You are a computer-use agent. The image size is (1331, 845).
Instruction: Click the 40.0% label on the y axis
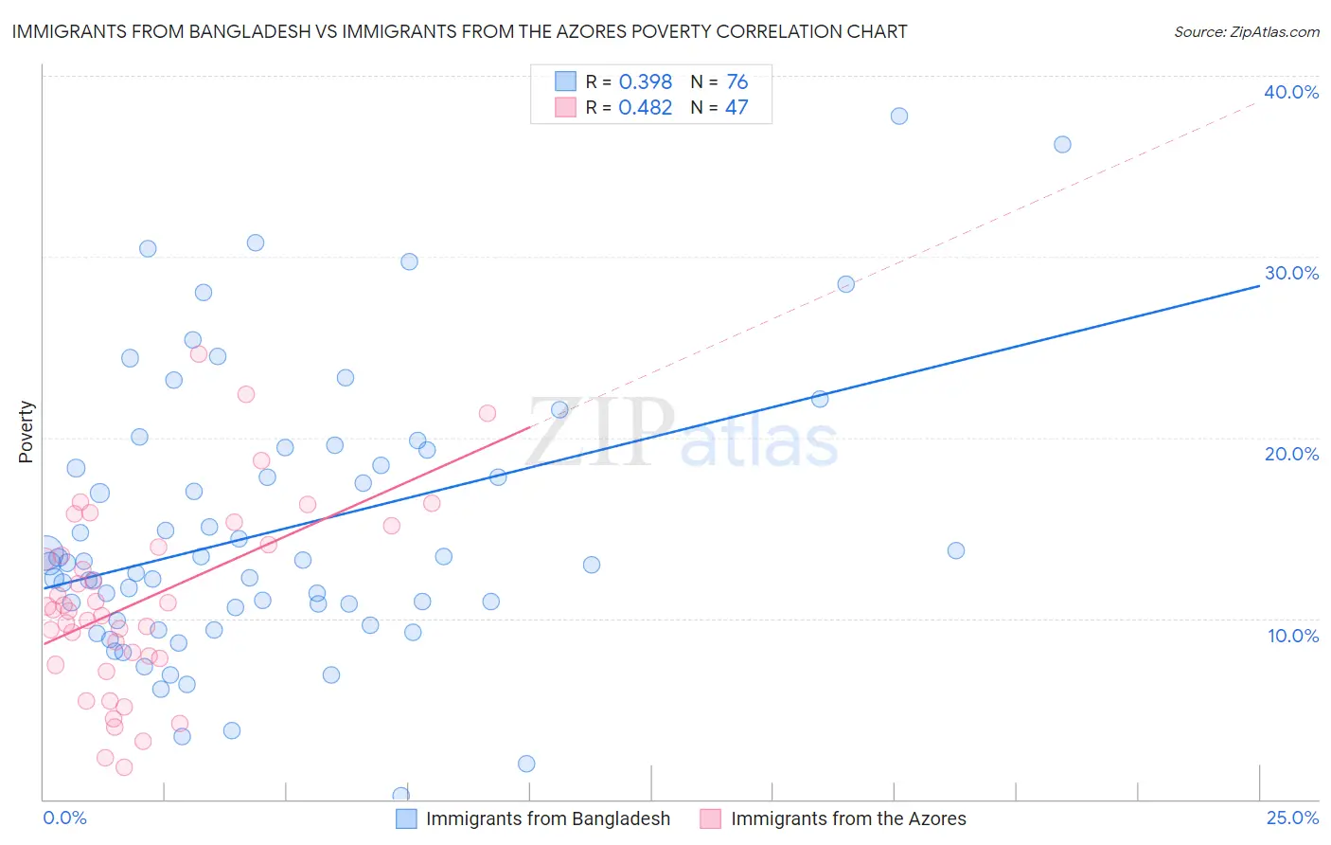pos(1291,92)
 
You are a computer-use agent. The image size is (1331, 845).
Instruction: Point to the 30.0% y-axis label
pos(1291,273)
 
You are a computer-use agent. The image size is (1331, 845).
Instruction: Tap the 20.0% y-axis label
pos(1291,454)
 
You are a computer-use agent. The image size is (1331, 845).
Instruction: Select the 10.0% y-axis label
pos(1293,636)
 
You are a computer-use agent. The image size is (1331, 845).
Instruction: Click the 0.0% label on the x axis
pos(64,818)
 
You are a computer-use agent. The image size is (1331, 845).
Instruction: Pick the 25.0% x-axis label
pos(1292,818)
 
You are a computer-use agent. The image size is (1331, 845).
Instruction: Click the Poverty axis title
pos(26,432)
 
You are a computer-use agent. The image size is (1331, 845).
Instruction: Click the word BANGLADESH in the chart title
pos(251,32)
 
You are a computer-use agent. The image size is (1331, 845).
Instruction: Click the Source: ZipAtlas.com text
pos(1246,32)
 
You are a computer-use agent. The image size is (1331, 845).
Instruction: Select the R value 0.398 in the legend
pos(645,82)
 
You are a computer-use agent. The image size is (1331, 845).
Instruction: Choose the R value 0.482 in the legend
pos(645,108)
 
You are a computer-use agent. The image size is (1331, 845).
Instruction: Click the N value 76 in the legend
pos(737,82)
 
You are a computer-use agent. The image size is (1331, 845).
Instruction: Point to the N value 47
pos(736,108)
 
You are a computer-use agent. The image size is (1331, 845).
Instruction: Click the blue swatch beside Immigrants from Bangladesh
pos(406,818)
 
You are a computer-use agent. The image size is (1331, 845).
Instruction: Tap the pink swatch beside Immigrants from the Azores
pos(711,818)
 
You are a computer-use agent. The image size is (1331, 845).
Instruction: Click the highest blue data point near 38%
pos(899,117)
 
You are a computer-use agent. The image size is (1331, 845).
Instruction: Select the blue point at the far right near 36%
pos(1062,145)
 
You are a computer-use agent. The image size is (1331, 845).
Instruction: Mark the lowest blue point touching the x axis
pos(401,796)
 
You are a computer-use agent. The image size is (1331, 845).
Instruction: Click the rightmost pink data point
pos(488,413)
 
